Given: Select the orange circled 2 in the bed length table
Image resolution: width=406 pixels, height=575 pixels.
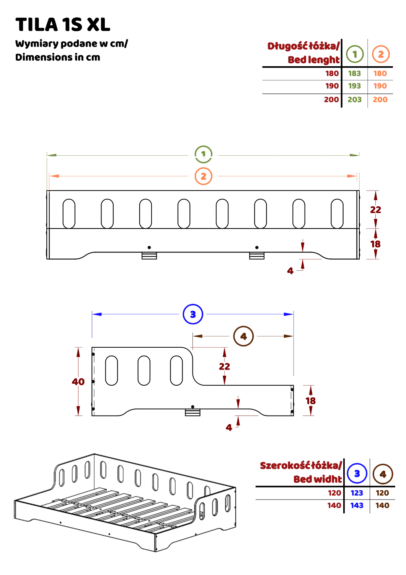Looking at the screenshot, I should point(380,54).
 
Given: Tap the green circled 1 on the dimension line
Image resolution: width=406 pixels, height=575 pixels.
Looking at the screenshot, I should point(203,154).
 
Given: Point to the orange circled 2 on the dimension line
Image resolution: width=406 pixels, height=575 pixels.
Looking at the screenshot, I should point(203,176).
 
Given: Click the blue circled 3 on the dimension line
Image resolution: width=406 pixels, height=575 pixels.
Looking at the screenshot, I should point(193,314).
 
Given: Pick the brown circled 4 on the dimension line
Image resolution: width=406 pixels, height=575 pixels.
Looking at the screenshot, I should point(243,337).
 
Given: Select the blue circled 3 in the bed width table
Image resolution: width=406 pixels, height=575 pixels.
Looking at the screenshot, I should point(357,473).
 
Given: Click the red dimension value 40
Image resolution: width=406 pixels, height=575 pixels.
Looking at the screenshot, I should point(78,382).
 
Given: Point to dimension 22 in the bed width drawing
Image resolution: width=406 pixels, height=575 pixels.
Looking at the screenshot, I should point(225,366).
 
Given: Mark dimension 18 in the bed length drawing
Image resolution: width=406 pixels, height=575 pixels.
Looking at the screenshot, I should point(376,244).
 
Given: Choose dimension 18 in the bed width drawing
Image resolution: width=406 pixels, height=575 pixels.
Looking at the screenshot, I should point(310,400).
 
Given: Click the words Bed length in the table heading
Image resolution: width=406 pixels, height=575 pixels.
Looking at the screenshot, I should point(313,60).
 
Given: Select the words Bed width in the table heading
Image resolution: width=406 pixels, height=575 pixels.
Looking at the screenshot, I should point(317,479).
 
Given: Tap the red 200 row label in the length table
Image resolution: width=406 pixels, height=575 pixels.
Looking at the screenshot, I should point(331,100).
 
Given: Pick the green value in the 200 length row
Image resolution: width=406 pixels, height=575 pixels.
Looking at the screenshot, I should point(355,100).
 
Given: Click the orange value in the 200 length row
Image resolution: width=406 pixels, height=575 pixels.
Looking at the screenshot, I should point(380,100).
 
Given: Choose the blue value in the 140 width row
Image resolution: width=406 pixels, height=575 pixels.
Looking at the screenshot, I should point(357,506).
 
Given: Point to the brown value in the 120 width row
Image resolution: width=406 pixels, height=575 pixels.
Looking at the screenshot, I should point(383,493).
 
